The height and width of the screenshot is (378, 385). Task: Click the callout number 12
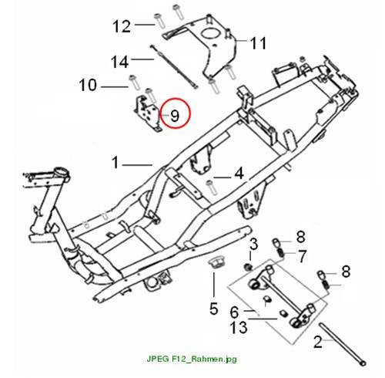click(x=122, y=26)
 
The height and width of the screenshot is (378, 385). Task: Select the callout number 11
click(x=258, y=43)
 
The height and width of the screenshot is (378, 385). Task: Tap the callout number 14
click(x=119, y=62)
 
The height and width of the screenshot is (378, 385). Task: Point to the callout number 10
click(x=88, y=85)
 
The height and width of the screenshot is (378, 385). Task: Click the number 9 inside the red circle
click(x=175, y=116)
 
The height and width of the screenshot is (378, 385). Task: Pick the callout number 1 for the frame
click(x=115, y=163)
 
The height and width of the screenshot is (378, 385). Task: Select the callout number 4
click(x=239, y=174)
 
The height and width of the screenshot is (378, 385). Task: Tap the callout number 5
click(x=214, y=309)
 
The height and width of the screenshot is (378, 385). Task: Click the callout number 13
click(x=239, y=328)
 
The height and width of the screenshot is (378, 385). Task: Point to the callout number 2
click(x=318, y=342)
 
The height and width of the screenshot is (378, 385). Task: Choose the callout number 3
click(x=253, y=244)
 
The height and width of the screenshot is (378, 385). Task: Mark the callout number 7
click(x=303, y=256)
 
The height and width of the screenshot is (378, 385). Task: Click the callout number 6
click(x=235, y=312)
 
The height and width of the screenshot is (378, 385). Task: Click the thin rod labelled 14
click(x=174, y=66)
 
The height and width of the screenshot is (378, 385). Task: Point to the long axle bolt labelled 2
click(x=343, y=344)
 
